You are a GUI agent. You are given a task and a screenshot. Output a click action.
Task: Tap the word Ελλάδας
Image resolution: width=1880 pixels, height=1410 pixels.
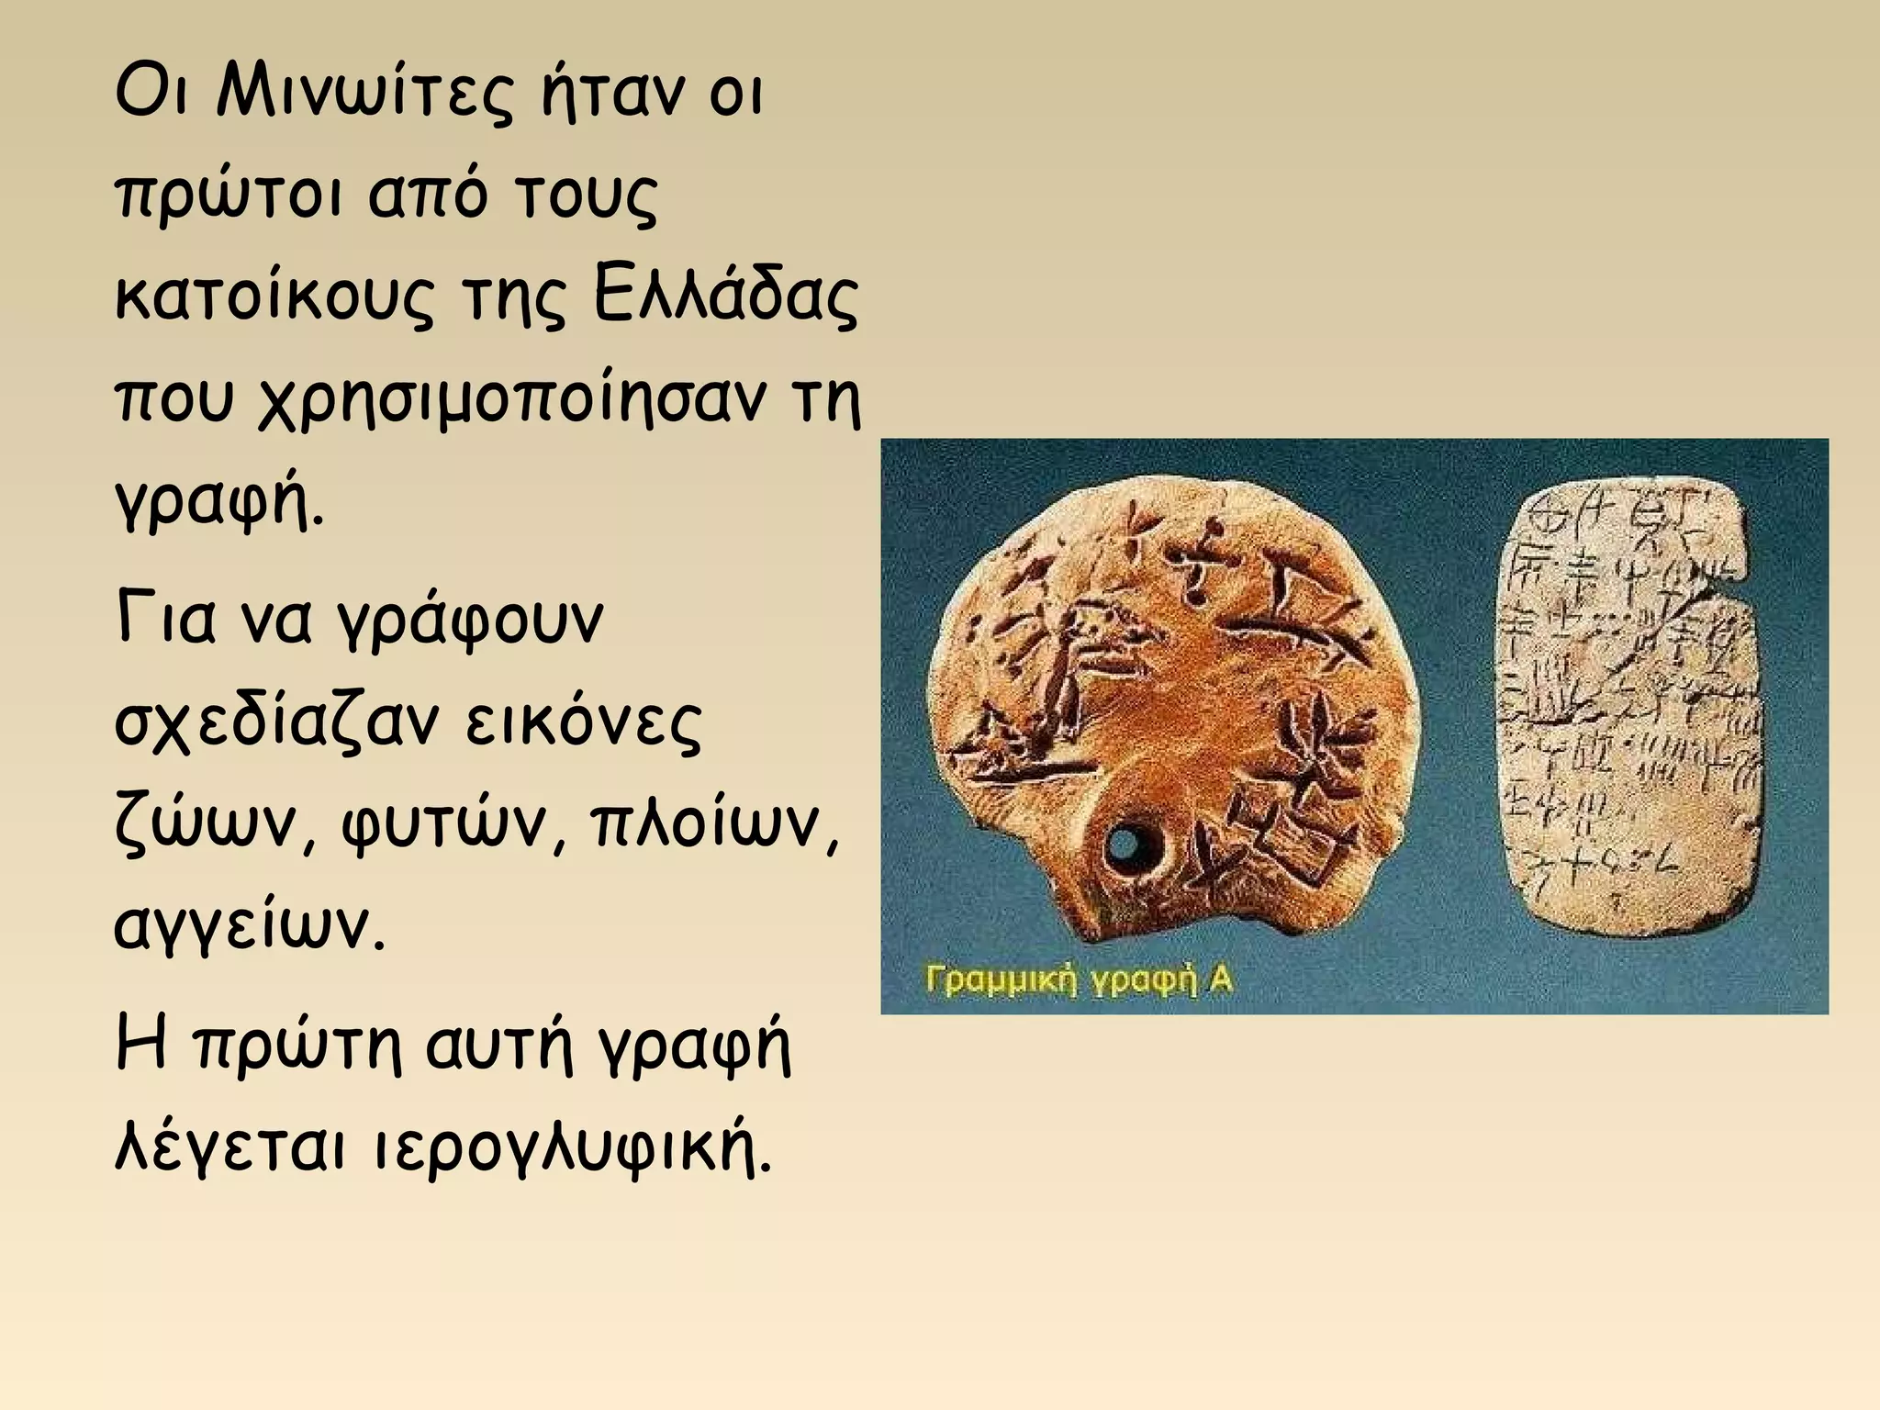click(726, 298)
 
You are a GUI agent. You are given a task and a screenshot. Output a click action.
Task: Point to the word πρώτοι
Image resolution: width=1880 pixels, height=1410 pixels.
click(229, 197)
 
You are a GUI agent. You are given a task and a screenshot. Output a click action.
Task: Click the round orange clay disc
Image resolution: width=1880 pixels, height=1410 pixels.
click(1157, 698)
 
